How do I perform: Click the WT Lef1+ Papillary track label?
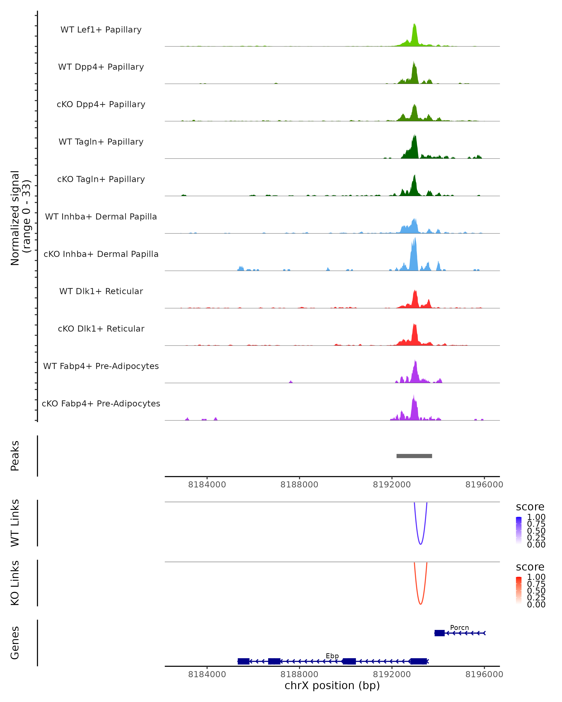[101, 30]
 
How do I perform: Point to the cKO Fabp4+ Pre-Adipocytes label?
[101, 403]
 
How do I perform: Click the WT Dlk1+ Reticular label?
[101, 291]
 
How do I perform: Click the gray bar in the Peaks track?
[414, 456]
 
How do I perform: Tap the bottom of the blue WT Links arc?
[421, 544]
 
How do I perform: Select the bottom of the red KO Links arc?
[421, 604]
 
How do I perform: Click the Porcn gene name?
[459, 627]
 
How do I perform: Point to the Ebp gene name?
[332, 656]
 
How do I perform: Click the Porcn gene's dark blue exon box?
[440, 633]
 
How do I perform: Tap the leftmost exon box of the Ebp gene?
[243, 661]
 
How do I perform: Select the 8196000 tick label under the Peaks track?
[484, 485]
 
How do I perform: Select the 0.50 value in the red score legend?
[536, 590]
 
